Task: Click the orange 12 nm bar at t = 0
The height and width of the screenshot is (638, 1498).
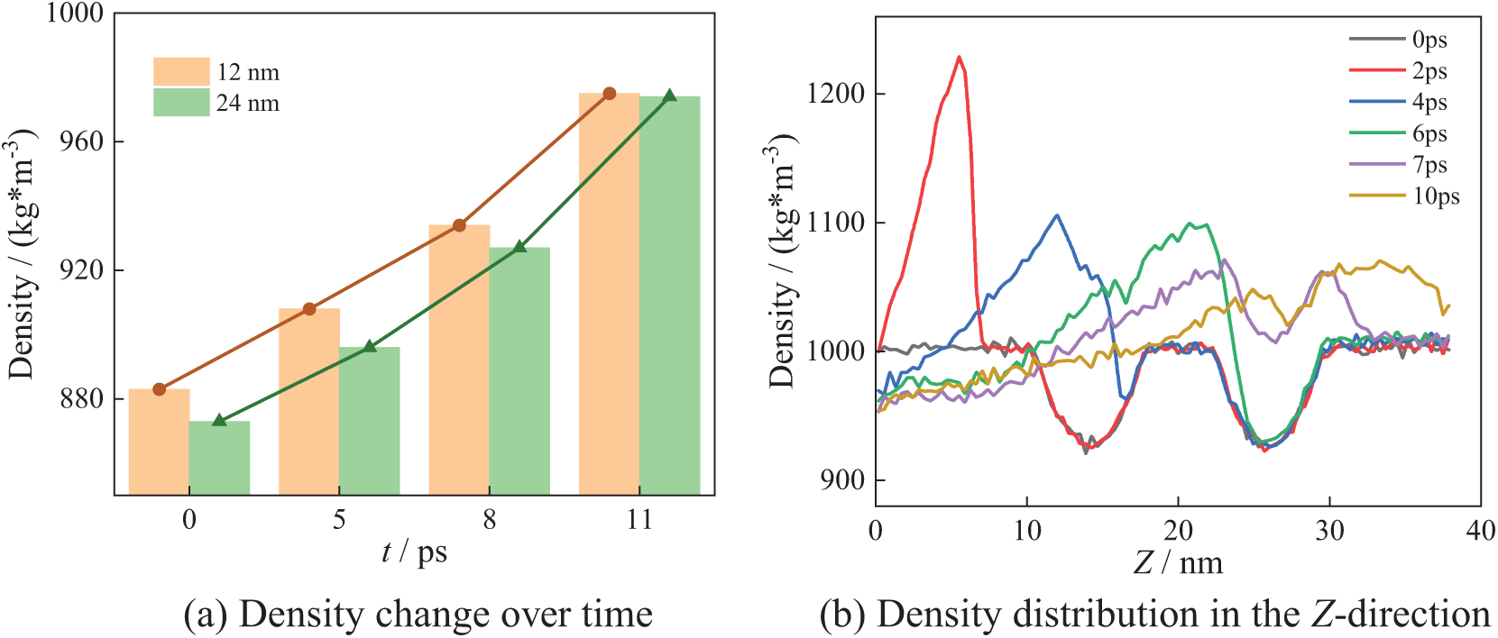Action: [159, 442]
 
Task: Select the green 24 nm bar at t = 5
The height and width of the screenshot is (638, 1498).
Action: [369, 421]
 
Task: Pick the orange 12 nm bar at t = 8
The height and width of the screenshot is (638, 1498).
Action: [459, 360]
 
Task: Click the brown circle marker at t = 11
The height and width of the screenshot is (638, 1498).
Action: [610, 94]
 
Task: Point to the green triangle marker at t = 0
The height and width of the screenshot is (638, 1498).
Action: [219, 420]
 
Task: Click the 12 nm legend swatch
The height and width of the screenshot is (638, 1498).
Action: [181, 72]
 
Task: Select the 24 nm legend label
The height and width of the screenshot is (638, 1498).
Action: [248, 104]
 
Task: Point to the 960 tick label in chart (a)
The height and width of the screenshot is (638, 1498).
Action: [81, 141]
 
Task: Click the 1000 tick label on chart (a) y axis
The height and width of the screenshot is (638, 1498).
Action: [75, 14]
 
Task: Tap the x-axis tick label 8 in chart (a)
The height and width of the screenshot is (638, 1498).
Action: [489, 520]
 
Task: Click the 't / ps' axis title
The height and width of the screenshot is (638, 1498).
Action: [414, 551]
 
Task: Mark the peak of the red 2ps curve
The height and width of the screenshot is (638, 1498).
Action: [959, 57]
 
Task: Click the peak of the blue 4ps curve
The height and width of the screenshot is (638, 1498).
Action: [1057, 215]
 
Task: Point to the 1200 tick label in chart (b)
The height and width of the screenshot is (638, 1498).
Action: [835, 94]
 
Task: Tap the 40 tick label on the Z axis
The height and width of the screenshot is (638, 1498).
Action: [1480, 531]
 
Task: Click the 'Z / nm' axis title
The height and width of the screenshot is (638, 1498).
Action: [1178, 563]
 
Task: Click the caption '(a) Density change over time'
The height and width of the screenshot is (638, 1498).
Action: [418, 615]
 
